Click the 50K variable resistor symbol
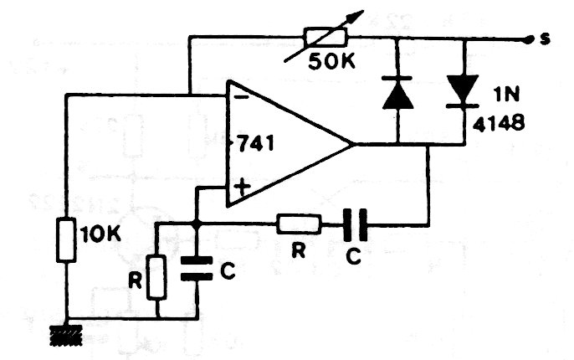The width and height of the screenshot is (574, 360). [322, 37]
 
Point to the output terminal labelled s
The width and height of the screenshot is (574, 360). [527, 39]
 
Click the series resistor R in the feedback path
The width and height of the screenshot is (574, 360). [299, 224]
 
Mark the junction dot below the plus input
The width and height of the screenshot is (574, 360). [196, 224]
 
